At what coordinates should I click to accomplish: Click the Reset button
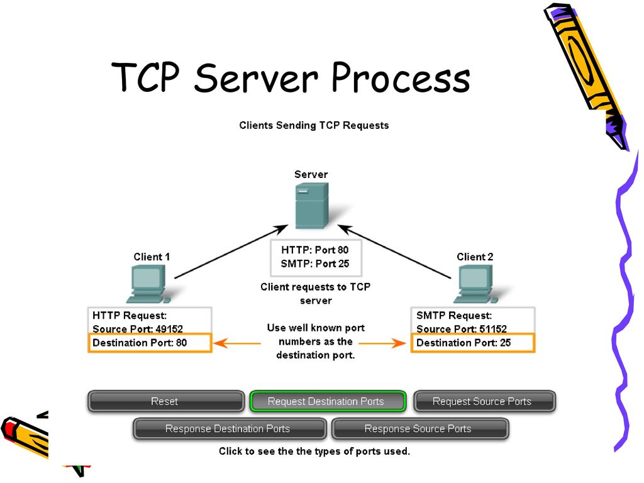click(x=165, y=401)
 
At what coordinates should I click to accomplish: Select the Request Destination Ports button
click(x=328, y=401)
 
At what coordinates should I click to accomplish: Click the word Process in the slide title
click(x=401, y=80)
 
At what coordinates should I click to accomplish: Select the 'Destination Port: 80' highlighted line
click(x=150, y=343)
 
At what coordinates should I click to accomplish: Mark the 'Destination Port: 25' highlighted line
click(x=472, y=343)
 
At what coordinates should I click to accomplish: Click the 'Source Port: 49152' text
click(x=138, y=329)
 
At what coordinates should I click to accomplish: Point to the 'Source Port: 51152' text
click(x=462, y=329)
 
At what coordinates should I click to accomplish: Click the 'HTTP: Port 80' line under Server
click(x=315, y=250)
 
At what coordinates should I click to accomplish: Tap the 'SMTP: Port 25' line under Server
click(x=315, y=264)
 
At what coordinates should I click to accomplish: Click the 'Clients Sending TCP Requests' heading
click(x=314, y=125)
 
